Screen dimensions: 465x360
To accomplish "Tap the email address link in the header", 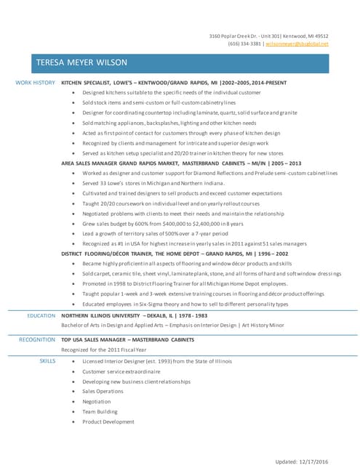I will pyautogui.click(x=297, y=44).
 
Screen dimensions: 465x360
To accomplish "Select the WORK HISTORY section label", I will pyautogui.click(x=35, y=83).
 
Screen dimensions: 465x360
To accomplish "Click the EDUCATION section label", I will pyautogui.click(x=41, y=316).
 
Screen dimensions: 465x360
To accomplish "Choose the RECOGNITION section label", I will pyautogui.click(x=36, y=339).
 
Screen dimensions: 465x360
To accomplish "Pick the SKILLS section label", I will pyautogui.click(x=47, y=360).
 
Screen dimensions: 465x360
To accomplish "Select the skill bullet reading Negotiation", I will pyautogui.click(x=97, y=401).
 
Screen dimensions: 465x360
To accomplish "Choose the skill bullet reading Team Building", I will pyautogui.click(x=100, y=411).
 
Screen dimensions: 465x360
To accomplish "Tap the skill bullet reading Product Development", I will pyautogui.click(x=108, y=421).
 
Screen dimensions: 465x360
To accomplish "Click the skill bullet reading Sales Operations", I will pyautogui.click(x=103, y=391).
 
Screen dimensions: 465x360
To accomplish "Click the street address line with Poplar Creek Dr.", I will pyautogui.click(x=268, y=36).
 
